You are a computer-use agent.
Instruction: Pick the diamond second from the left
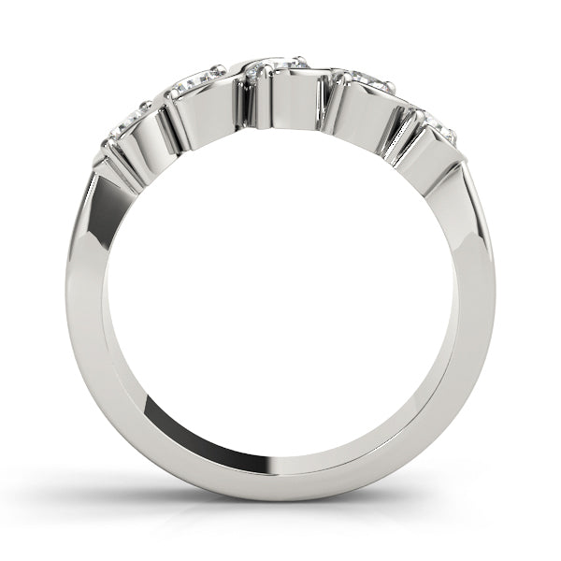pos(197,82)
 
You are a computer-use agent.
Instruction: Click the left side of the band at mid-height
pos(83,309)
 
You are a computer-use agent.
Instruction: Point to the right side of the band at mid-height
pos(476,309)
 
